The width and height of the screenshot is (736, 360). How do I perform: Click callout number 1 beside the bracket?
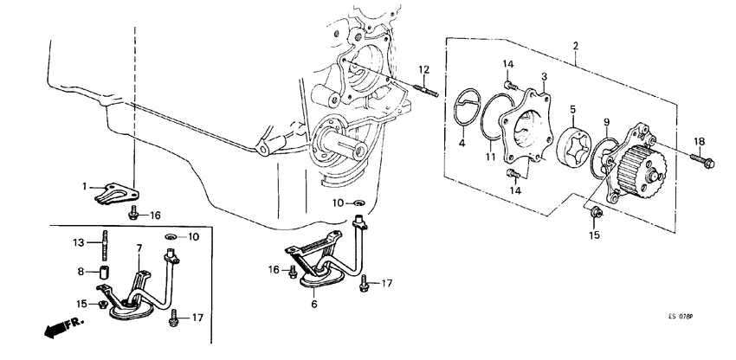(85, 185)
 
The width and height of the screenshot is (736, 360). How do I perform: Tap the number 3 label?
(545, 78)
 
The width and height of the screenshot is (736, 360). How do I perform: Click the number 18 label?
(699, 141)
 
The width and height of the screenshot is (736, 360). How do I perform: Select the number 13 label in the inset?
(77, 242)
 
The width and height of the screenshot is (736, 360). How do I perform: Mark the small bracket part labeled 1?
(112, 192)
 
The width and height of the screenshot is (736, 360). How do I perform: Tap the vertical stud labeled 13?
(105, 241)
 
